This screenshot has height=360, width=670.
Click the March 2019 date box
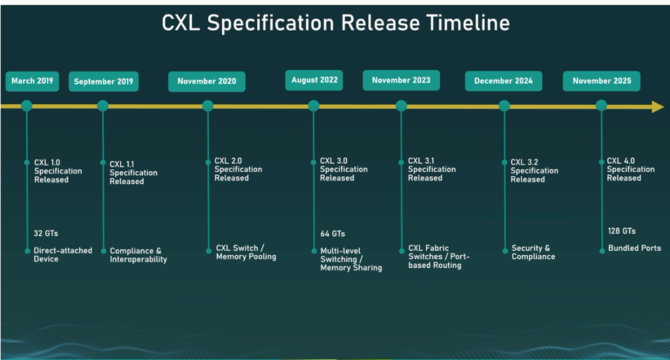[32, 81]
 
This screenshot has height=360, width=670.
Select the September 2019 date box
[103, 81]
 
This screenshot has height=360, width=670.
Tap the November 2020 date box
[207, 81]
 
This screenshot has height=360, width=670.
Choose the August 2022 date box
[314, 80]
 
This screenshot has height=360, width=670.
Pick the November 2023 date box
[401, 80]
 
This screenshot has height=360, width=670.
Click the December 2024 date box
[503, 81]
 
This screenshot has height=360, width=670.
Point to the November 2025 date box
[602, 81]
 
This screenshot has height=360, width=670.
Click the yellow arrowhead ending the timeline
[657, 107]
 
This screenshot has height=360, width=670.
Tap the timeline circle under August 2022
[314, 106]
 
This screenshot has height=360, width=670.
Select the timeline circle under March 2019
[27, 106]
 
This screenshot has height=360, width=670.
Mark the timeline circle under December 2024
[504, 106]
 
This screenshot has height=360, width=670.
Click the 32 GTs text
[45, 233]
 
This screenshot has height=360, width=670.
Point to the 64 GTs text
[333, 234]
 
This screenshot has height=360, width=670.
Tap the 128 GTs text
[622, 231]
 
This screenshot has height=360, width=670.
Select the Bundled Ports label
[634, 248]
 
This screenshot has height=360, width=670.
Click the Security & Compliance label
[533, 252]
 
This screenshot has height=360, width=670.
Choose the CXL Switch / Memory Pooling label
[246, 252]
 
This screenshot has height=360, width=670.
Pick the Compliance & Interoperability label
[138, 255]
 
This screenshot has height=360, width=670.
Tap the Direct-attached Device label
[63, 254]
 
